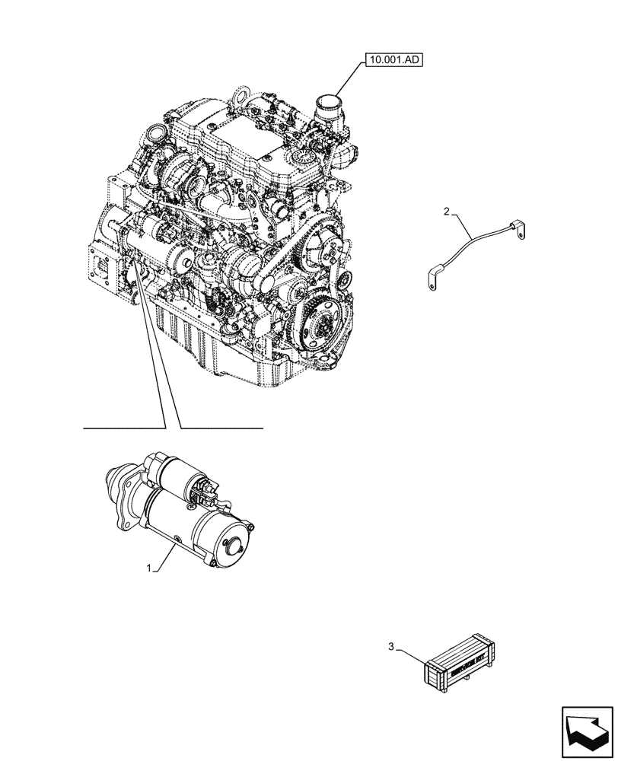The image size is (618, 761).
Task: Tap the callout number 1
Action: click(151, 568)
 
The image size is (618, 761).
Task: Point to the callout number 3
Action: click(391, 647)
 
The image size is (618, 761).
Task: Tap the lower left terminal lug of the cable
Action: click(432, 279)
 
